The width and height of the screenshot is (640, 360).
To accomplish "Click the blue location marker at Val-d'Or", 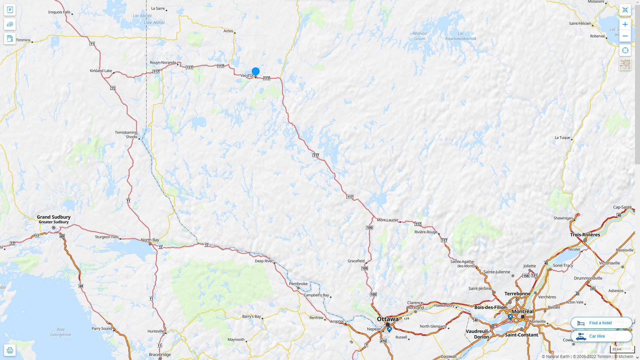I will click(256, 72).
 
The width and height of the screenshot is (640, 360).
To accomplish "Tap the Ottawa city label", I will click(388, 319).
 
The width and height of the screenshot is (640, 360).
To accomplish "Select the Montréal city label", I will click(523, 311).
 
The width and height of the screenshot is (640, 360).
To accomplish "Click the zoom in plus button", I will click(625, 24).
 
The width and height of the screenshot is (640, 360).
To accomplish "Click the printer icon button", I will click(10, 350).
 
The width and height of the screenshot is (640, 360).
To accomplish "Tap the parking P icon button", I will click(10, 10).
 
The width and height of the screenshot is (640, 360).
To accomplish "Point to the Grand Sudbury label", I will click(54, 217).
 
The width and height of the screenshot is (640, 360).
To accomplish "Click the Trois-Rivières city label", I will click(585, 235).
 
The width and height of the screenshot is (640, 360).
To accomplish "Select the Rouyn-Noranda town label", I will click(163, 63).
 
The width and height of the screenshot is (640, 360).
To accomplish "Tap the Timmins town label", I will click(23, 40).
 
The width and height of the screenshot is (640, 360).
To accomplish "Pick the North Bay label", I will click(150, 240).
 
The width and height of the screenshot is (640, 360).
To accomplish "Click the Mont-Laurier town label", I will click(388, 220).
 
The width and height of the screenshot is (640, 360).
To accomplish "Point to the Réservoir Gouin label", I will click(420, 36).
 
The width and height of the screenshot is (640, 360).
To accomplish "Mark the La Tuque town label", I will click(562, 138).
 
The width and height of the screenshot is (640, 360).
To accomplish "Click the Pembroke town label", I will click(298, 284).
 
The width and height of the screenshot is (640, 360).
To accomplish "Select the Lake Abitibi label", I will click(154, 23).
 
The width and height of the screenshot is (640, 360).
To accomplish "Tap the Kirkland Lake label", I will click(101, 71).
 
